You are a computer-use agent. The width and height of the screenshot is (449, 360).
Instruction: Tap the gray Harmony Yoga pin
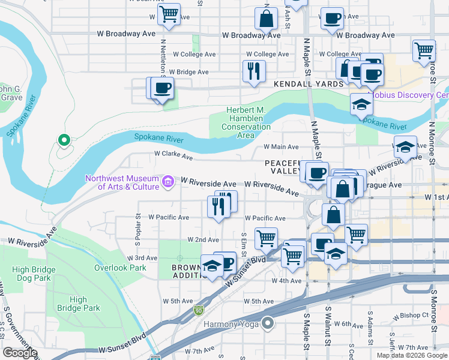click(x=268, y=324)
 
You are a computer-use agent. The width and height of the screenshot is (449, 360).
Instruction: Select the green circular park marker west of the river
click(x=64, y=140)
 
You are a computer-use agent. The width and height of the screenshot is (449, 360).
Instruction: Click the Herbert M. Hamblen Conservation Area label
click(x=246, y=122)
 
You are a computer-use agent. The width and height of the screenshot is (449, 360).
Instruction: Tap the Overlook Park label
click(x=120, y=268)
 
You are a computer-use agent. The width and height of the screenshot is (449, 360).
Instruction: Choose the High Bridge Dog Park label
click(x=31, y=274)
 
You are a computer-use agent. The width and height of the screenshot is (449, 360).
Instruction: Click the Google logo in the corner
click(x=20, y=353)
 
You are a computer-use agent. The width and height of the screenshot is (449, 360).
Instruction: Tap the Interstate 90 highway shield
click(x=199, y=310)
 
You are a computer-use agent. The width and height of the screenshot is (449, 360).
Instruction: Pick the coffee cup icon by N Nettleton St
click(x=162, y=88)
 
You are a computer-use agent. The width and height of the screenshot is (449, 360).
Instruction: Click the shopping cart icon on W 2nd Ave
click(x=266, y=238)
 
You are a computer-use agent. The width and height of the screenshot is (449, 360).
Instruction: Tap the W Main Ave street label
click(x=281, y=146)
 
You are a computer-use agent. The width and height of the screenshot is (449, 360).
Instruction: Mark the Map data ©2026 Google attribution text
click(x=411, y=355)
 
